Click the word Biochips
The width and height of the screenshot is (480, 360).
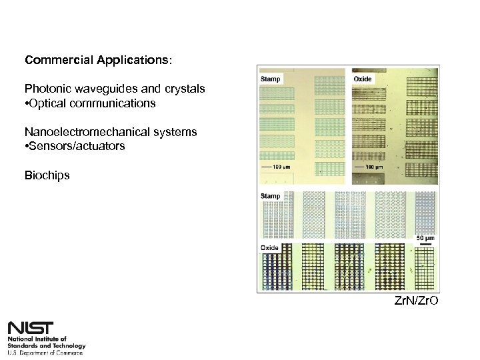pos(47,175)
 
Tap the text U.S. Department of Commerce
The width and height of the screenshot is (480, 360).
pos(45,353)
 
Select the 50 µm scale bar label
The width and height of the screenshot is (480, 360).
pos(426,238)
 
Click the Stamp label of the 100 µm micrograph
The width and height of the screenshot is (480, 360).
pos(271,79)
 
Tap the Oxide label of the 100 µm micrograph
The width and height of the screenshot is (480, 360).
pos(363,79)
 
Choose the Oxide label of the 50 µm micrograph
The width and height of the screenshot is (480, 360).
pos(269,248)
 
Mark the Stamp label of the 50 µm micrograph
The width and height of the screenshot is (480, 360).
pos(270,197)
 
